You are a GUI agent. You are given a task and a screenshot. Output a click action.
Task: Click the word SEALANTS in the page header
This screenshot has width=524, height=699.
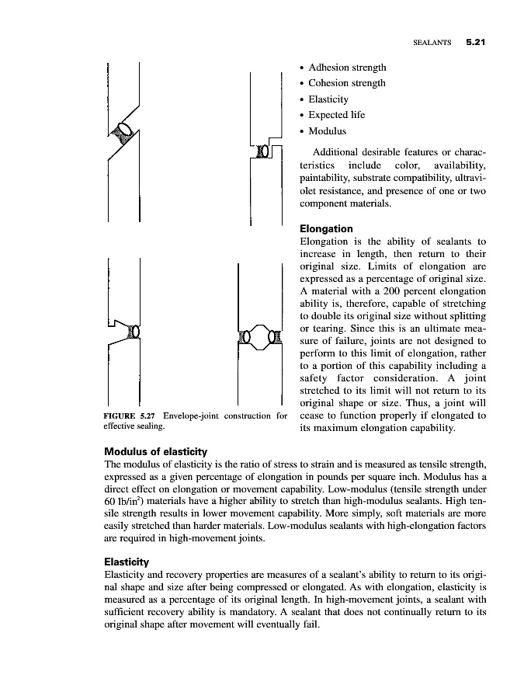[x=432, y=44]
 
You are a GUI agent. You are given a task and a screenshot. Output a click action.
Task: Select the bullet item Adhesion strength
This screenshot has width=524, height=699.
[x=348, y=68]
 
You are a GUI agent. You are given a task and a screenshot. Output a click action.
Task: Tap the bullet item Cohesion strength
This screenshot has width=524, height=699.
[x=348, y=83]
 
